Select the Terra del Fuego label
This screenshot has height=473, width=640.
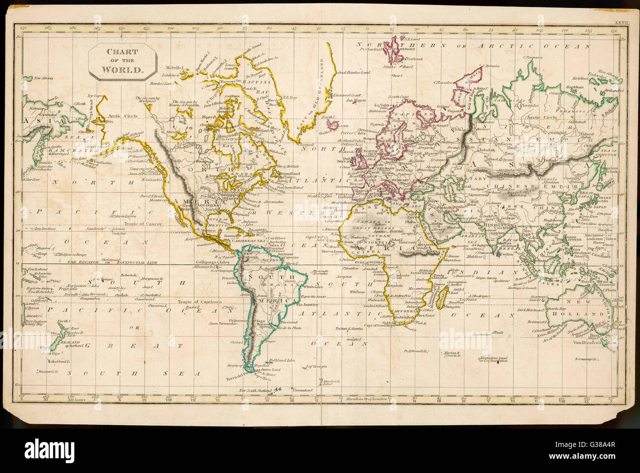click(x=239, y=378)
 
